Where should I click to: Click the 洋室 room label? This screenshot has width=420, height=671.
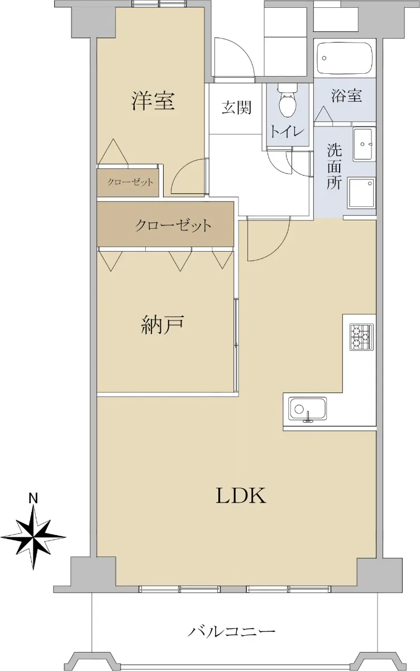[153, 101]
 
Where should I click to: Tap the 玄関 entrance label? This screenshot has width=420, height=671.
[236, 107]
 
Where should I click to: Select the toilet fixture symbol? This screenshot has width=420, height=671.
[288, 100]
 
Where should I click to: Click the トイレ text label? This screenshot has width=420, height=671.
[288, 131]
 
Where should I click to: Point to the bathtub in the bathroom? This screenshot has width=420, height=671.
[344, 58]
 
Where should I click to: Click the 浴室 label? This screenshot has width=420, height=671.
[346, 96]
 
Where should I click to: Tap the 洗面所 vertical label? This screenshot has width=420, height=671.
[334, 166]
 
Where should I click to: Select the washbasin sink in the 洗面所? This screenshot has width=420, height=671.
[363, 144]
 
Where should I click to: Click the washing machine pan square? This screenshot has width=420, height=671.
[361, 193]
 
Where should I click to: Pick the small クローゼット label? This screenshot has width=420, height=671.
[130, 182]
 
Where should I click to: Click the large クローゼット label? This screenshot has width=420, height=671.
[173, 225]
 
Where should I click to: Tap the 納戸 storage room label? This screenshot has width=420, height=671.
[162, 325]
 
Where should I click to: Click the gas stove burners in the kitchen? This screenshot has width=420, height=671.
[362, 337]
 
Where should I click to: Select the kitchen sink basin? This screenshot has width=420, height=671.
[307, 409]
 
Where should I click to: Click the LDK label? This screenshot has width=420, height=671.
[241, 495]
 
